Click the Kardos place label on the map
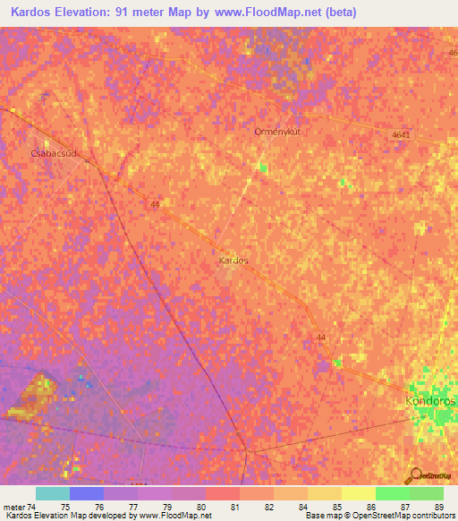[233, 260]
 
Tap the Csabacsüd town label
[54, 153]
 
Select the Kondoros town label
[430, 402]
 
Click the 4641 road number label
[402, 135]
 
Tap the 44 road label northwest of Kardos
[156, 204]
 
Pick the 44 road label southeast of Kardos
[320, 337]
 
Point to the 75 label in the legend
[65, 508]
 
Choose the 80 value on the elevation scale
[201, 508]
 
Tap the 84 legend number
[302, 508]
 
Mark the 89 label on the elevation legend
[438, 508]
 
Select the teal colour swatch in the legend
[52, 493]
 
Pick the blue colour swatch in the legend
[86, 493]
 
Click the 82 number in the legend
[268, 508]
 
